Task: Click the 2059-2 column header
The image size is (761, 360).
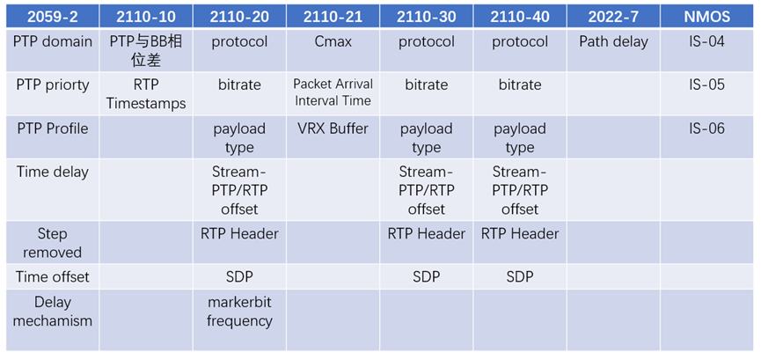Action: [53, 17]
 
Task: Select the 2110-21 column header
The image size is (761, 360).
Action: [333, 17]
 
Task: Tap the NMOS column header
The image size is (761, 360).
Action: [706, 17]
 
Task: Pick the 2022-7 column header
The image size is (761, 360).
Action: [613, 17]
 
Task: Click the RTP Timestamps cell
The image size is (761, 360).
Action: [146, 94]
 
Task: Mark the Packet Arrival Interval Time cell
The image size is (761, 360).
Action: [333, 92]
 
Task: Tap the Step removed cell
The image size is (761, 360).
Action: [53, 243]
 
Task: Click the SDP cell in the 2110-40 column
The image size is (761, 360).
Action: [520, 277]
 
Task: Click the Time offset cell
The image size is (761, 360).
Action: [53, 277]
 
